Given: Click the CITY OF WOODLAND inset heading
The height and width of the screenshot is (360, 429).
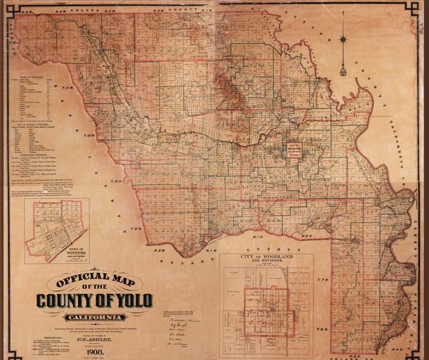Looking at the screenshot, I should (x=266, y=259).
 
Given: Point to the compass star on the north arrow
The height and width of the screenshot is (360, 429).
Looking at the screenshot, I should (x=343, y=39).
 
